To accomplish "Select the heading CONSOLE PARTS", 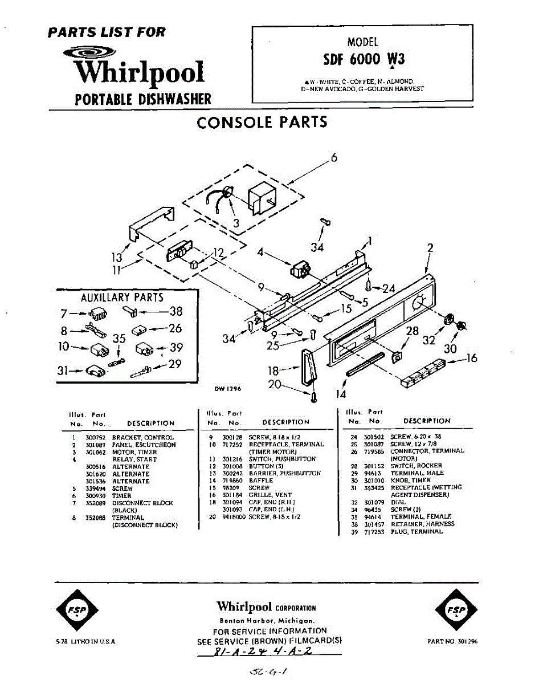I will coord(262,122).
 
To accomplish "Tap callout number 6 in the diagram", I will coord(334,158).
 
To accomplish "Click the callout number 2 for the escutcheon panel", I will coord(430,248).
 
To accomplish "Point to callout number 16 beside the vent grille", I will coord(471,358).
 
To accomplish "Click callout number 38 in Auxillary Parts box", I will coord(176,311).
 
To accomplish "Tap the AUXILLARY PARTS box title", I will coord(122,297).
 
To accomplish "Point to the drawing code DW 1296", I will coord(228,389).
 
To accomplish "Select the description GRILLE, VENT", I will coord(270,495).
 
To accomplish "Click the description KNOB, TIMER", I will coord(410,480).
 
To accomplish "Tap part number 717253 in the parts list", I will coord(371,531).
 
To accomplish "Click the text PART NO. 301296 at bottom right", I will coord(452,641).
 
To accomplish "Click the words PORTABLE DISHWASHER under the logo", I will coord(143,99).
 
